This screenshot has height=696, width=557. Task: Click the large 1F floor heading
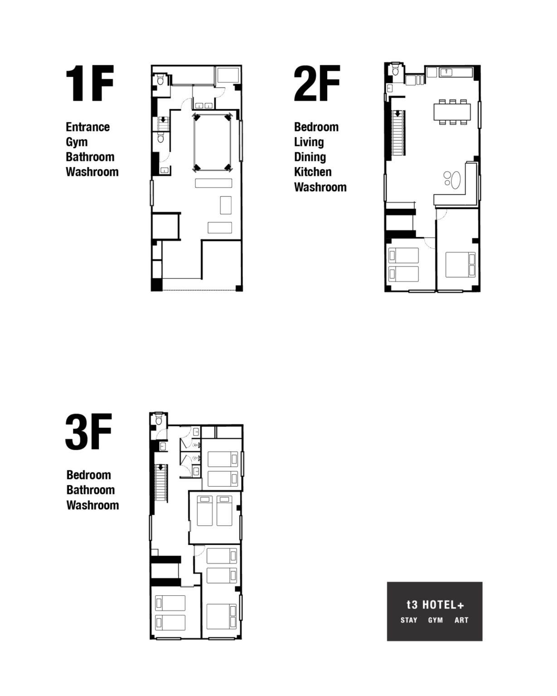coord(90,83)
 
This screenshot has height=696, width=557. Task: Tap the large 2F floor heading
coord(317,83)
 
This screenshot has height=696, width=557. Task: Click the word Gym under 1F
coord(77,142)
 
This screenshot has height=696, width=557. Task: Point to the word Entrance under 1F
coord(87,127)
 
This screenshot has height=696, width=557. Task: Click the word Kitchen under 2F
coord(313,172)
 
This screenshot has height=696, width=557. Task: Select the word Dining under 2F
coord(310,157)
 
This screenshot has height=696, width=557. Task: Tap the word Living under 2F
coord(309,142)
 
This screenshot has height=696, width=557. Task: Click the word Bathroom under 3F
coord(91,490)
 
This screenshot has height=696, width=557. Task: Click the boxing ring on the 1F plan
coord(213,142)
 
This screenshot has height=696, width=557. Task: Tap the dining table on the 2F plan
coord(452,111)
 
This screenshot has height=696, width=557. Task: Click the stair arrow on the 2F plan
coord(397,114)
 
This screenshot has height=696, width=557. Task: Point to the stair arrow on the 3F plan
coord(160,467)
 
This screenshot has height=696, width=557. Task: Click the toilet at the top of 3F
coord(159,420)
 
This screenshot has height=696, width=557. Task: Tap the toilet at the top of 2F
coord(395,70)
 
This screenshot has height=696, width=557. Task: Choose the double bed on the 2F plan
coord(460,265)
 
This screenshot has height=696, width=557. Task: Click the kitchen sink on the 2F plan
coord(447,72)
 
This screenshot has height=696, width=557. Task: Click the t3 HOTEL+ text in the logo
coord(435,605)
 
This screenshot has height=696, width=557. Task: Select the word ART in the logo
coord(461,620)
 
